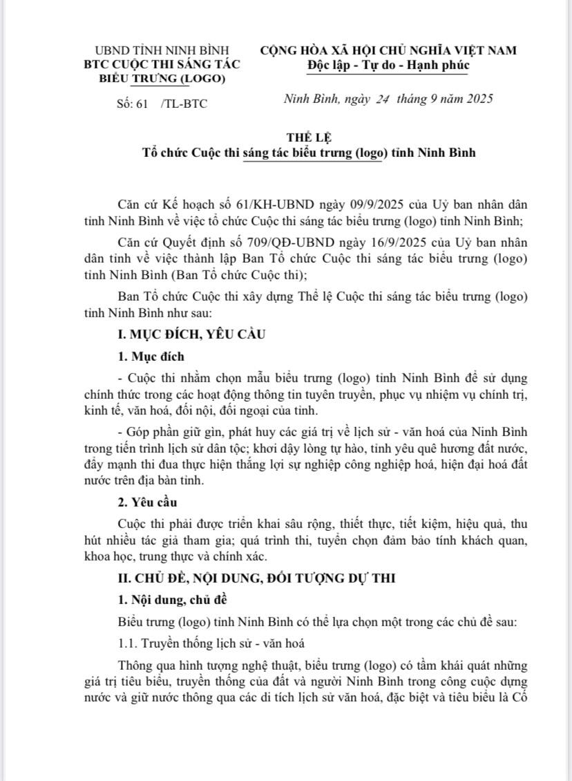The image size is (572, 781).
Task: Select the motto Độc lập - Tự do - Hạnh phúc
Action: [x=388, y=65]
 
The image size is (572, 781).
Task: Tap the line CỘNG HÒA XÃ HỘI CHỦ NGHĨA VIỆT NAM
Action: [x=388, y=50]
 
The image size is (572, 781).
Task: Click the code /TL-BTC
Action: [x=183, y=104]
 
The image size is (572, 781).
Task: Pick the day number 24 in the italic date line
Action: [x=380, y=99]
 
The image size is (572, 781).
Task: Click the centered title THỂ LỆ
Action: [x=305, y=138]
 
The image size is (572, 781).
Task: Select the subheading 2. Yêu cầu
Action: [x=147, y=502]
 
